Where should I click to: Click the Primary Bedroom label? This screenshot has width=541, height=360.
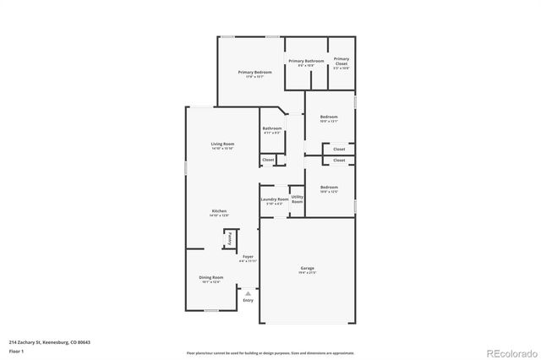coord(254,73)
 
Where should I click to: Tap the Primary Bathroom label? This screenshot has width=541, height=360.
coord(306,61)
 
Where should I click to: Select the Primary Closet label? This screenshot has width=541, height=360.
coord(341,61)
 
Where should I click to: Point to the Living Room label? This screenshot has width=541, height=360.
coord(222,144)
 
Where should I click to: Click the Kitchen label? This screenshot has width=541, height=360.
coord(219,210)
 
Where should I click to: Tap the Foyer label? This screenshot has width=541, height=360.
coord(248,256)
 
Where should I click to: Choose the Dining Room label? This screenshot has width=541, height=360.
coord(211,277)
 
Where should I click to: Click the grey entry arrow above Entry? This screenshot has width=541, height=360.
coord(248,292)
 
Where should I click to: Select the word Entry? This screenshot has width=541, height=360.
coord(248,300)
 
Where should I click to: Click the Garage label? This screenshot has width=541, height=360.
coord(307,269)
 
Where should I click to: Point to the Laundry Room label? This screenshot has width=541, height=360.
coord(273,199)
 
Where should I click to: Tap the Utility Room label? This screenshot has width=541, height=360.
coord(297,199)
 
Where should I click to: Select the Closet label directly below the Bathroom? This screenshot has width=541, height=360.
coord(267,159)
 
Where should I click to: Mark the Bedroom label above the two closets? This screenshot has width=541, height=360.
coord(328,117)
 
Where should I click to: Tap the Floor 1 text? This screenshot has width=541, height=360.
coord(16,350)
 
